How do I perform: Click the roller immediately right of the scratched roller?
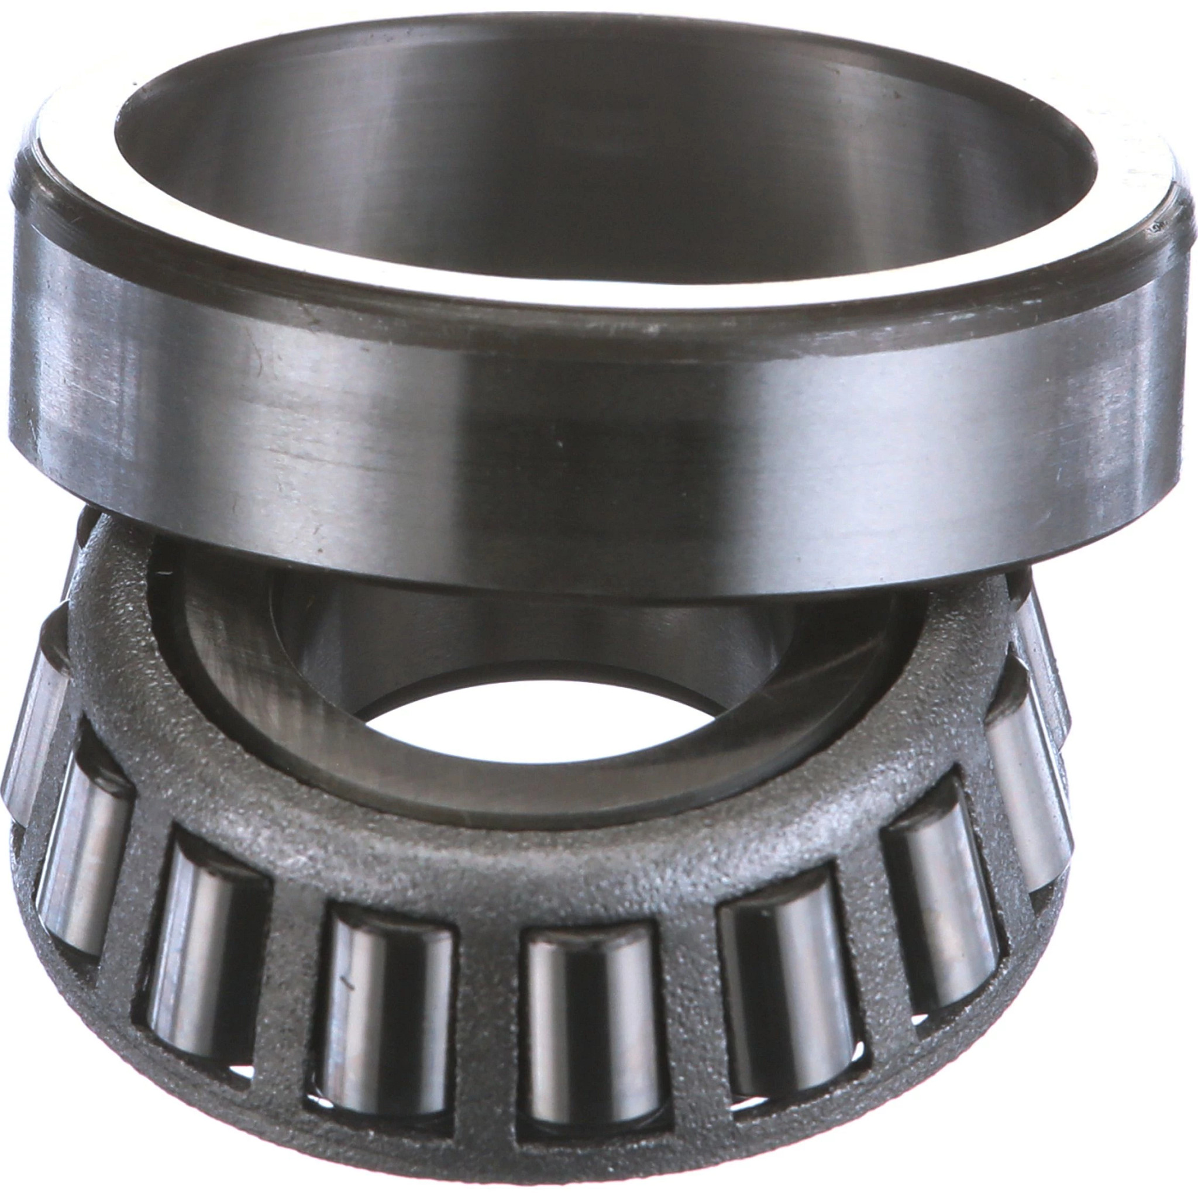pos(589,1017)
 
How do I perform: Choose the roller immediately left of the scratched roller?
pos(205,942)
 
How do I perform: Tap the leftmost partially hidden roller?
pos(31,744)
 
